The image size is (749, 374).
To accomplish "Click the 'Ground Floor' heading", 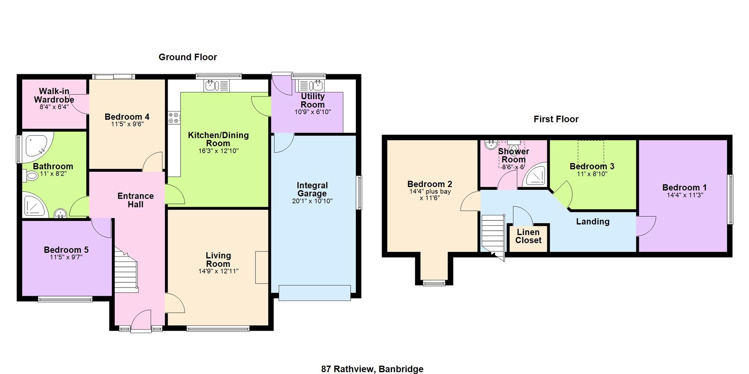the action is pyautogui.click(x=188, y=57).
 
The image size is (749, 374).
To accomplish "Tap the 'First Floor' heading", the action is pyautogui.click(x=556, y=119).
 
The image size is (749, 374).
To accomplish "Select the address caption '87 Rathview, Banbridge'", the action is pyautogui.click(x=372, y=369).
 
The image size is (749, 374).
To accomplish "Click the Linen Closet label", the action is pyautogui.click(x=528, y=236).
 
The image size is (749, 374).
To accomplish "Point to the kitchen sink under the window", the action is pyautogui.click(x=217, y=85).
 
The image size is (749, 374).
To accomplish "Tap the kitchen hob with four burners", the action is pyautogui.click(x=174, y=118).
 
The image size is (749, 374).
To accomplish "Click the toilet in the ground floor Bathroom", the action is pyautogui.click(x=30, y=176).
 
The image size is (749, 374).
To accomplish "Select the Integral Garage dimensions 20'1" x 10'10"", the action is pyautogui.click(x=312, y=201).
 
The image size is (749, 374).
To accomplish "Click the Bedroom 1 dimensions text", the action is pyautogui.click(x=685, y=195).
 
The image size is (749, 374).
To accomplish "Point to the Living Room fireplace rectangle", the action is pyautogui.click(x=262, y=268).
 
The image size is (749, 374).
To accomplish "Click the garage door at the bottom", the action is pyautogui.click(x=315, y=293).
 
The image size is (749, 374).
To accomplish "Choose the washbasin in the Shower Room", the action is pyautogui.click(x=490, y=145).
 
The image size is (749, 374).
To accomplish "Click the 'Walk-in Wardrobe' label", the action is pyautogui.click(x=54, y=95).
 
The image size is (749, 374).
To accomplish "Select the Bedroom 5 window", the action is pyautogui.click(x=65, y=299).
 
